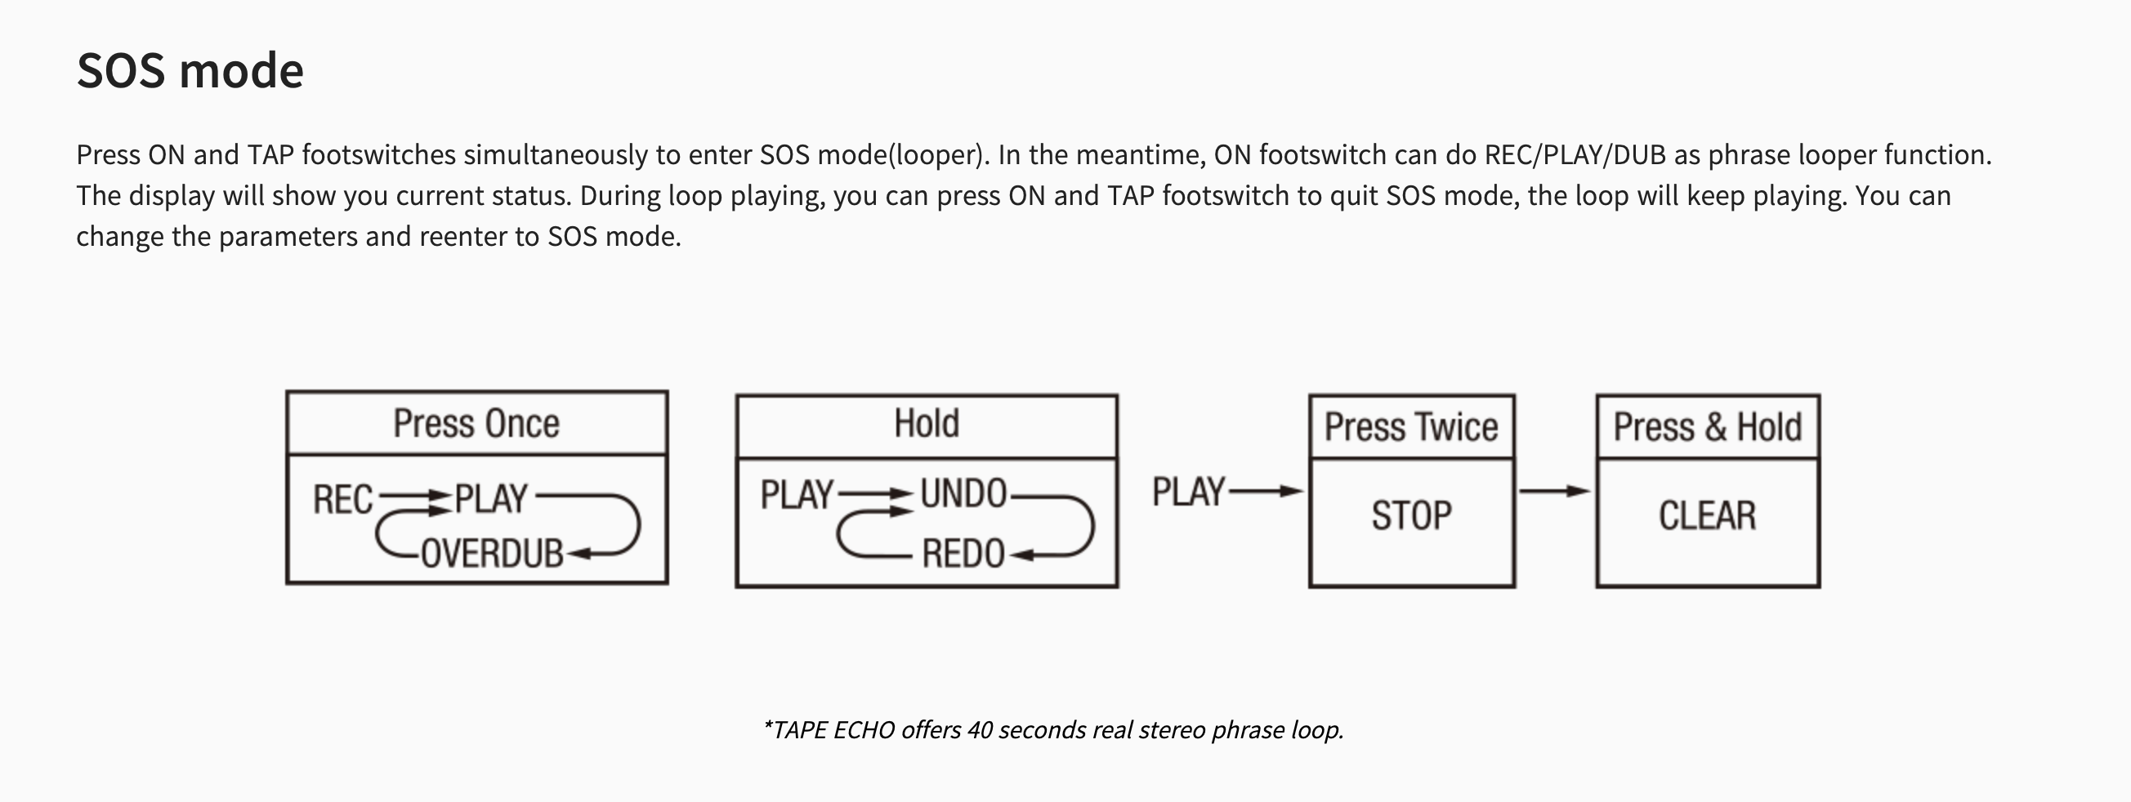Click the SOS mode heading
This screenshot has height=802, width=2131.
(190, 70)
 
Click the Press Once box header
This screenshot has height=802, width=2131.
(476, 423)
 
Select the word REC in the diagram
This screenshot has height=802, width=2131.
(343, 499)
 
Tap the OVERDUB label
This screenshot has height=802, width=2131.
(492, 553)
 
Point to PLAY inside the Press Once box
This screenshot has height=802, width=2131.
(490, 498)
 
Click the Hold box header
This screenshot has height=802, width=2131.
(927, 423)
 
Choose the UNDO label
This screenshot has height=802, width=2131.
(963, 493)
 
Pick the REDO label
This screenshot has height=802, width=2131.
(963, 553)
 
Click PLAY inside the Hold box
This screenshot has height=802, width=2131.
(797, 494)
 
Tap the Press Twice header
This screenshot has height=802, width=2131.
(1411, 426)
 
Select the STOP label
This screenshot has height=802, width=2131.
(1411, 515)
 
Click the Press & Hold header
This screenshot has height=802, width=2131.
(1708, 426)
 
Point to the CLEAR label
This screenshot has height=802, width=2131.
(1708, 515)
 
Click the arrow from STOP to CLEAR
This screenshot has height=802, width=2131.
(1555, 491)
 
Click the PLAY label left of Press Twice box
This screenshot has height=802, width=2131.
(1189, 491)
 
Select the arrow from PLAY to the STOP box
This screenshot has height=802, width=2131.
(1267, 491)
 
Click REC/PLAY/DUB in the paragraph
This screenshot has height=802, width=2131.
(1575, 154)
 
